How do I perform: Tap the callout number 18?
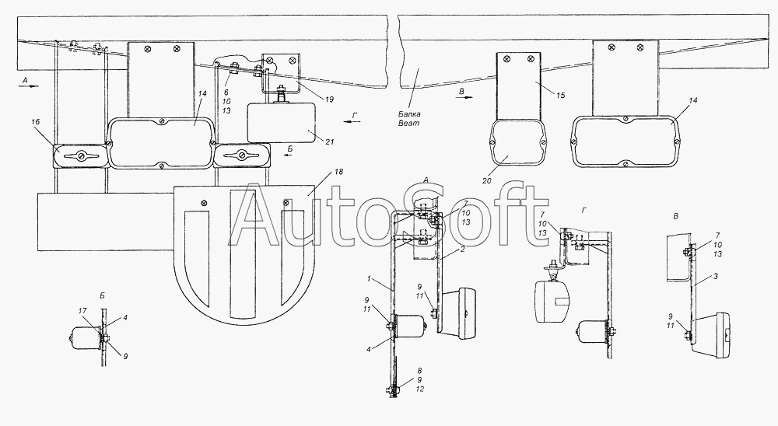pyautogui.click(x=339, y=172)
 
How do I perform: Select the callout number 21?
pyautogui.click(x=330, y=141)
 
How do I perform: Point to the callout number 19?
pyautogui.click(x=329, y=100)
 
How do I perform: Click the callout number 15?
pyautogui.click(x=560, y=95)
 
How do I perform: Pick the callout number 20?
pyautogui.click(x=487, y=181)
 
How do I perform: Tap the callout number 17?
pyautogui.click(x=82, y=311)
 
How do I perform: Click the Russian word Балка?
pyautogui.click(x=409, y=114)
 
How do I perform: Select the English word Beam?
pyautogui.click(x=409, y=123)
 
